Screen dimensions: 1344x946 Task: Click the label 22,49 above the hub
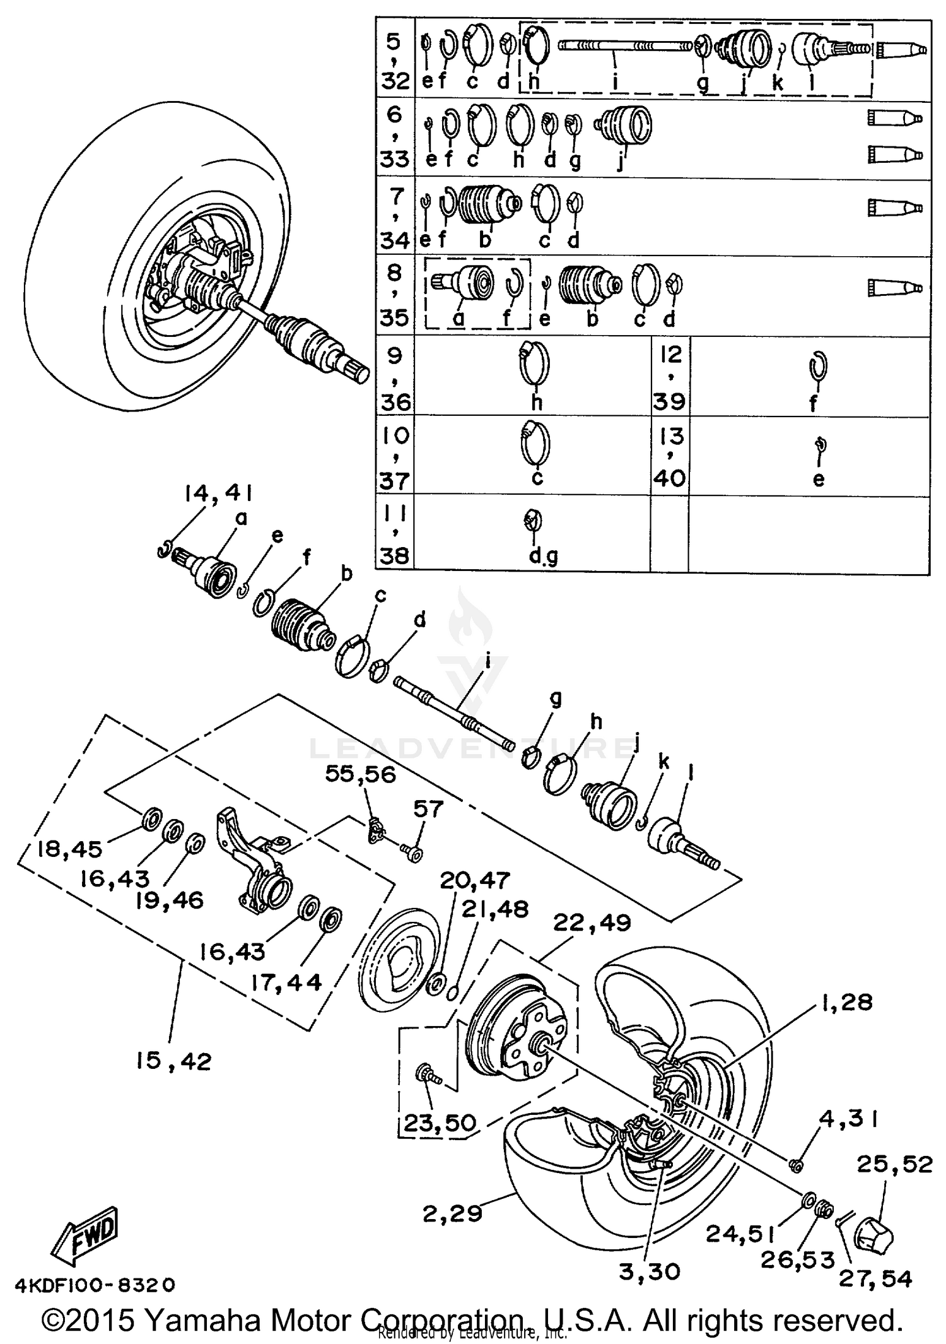592,923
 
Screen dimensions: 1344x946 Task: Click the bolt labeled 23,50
427,1074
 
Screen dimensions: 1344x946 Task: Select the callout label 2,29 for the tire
452,1213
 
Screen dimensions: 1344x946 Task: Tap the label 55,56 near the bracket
360,774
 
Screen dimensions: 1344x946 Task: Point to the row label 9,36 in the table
395,377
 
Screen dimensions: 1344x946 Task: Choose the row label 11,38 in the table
395,534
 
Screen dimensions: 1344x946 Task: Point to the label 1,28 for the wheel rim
846,1001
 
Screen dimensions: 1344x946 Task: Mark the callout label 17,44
286,982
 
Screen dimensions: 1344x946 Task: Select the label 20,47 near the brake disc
474,880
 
